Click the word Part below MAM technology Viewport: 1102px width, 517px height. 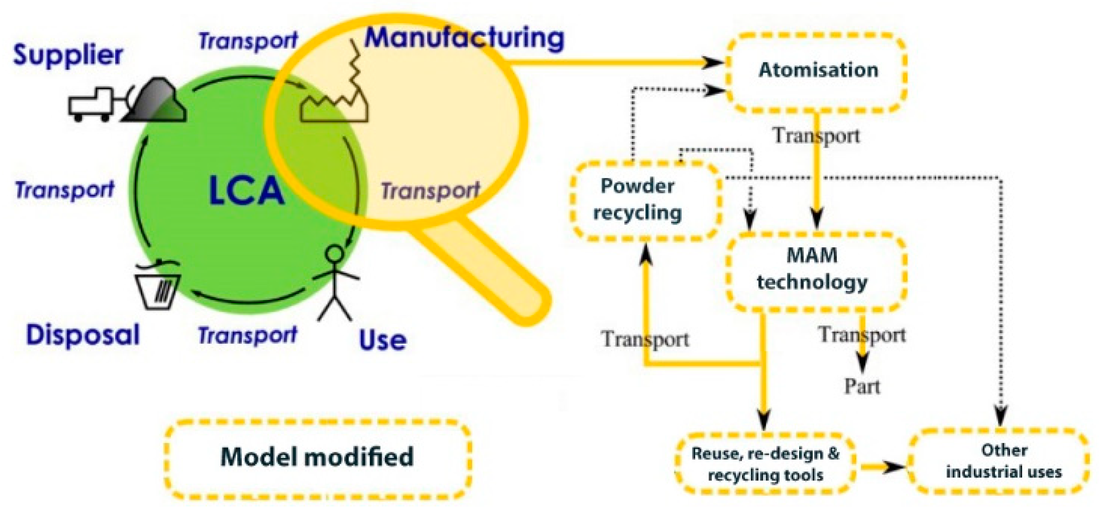tap(862, 387)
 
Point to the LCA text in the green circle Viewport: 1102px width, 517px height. tap(247, 191)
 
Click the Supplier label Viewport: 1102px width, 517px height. tap(68, 55)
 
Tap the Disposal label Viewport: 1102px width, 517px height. tap(83, 335)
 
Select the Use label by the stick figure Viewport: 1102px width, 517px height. tap(382, 340)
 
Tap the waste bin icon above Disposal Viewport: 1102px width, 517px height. tap(157, 285)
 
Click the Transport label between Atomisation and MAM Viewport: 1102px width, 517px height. tap(816, 136)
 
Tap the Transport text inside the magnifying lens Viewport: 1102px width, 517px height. tap(429, 191)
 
